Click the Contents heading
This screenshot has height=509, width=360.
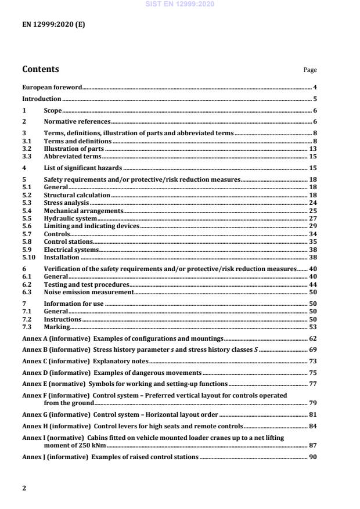point(41,70)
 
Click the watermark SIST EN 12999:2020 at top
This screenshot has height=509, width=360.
point(180,4)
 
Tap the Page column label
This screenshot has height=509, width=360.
point(310,70)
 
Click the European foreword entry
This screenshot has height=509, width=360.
point(52,87)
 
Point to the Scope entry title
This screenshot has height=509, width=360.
point(53,110)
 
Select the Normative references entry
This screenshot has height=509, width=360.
point(77,122)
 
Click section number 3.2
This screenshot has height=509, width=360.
point(27,149)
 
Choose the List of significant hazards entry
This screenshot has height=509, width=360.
point(80,168)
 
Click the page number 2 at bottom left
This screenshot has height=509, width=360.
point(24,488)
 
